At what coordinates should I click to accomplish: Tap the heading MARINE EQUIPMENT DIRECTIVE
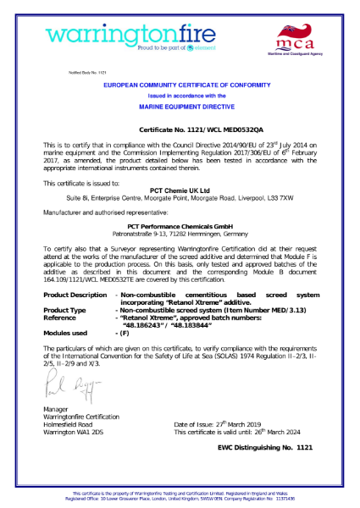[180, 108]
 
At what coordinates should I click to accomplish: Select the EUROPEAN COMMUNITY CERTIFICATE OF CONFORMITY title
[180, 87]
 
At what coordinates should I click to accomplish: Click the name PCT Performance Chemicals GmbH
[180, 225]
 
